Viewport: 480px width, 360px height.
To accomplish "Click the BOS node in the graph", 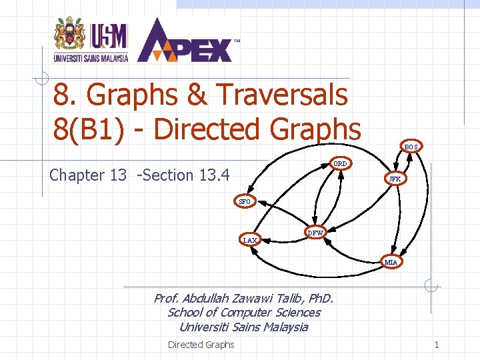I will tap(411, 147).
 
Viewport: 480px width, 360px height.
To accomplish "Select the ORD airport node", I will tap(340, 163).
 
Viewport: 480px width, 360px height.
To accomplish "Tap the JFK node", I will tap(395, 179).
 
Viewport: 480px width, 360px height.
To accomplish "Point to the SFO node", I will tap(245, 201).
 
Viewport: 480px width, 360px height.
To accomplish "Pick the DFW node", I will tap(315, 233).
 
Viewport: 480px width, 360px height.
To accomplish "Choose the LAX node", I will tap(250, 240).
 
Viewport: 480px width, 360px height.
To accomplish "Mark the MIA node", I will tap(391, 262).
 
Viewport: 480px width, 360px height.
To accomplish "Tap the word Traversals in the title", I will tap(281, 95).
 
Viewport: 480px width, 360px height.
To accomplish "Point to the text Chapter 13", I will tap(87, 175).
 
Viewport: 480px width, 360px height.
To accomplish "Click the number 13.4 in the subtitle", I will tap(214, 175).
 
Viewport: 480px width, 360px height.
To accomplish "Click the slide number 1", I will tap(437, 345).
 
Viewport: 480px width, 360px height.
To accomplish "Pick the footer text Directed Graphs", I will tap(201, 345).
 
